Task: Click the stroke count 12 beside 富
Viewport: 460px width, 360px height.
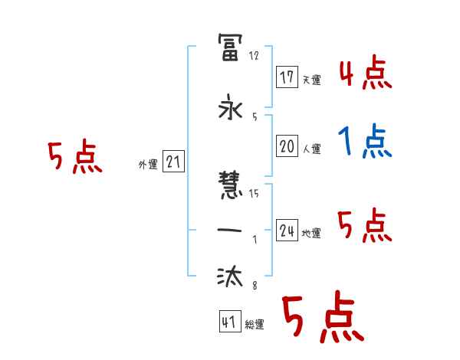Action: point(255,57)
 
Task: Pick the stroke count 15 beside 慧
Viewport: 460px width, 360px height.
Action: point(254,193)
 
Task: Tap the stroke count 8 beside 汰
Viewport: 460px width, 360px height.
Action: point(254,286)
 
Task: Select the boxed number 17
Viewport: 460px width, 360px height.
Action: point(287,77)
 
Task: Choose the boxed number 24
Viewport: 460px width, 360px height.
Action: point(287,231)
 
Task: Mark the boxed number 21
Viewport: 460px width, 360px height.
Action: point(173,161)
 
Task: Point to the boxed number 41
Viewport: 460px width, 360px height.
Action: point(229,322)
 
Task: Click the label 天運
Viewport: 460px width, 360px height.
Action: point(311,80)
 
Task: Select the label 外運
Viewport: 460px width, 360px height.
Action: point(148,164)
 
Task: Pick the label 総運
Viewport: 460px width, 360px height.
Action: point(255,325)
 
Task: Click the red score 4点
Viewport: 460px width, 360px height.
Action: point(365,74)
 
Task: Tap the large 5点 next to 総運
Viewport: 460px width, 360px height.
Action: point(321,319)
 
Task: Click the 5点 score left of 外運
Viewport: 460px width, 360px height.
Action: point(74,158)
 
